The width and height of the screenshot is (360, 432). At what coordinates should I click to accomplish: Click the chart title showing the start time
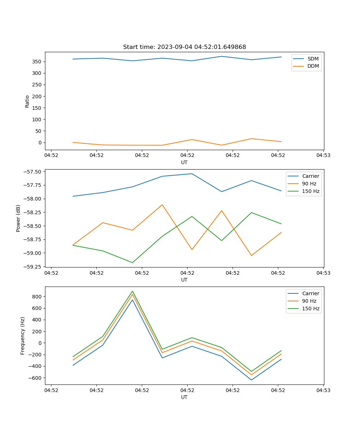(x=184, y=47)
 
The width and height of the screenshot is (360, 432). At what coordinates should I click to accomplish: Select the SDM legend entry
(x=313, y=59)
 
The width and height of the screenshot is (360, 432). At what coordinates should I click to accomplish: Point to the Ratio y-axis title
(x=27, y=101)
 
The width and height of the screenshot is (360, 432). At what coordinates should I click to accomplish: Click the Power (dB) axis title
(x=18, y=218)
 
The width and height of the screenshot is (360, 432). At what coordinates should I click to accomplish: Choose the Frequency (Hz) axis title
(x=23, y=336)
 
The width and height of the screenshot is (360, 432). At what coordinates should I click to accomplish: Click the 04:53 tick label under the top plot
(x=323, y=156)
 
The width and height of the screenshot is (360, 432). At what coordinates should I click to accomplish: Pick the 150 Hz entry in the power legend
(x=311, y=191)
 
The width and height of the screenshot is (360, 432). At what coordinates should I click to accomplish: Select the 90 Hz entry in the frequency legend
(x=311, y=301)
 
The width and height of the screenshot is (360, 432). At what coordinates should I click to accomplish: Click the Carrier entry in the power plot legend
(x=310, y=176)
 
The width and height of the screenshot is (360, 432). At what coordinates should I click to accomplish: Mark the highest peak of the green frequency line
(x=132, y=291)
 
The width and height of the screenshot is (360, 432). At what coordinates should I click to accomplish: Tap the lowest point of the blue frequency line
(x=251, y=380)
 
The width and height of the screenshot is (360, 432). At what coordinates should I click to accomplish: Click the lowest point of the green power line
(x=132, y=262)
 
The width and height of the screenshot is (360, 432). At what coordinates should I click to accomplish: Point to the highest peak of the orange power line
(x=162, y=204)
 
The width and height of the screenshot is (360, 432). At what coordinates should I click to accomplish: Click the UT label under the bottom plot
(x=184, y=397)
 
